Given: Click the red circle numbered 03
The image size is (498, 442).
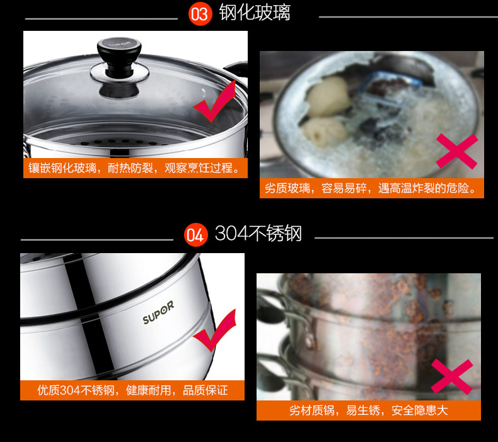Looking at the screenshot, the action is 200,14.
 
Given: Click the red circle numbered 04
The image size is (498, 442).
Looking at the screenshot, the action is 195,235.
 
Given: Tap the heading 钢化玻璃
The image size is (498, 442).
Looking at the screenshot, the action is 255,13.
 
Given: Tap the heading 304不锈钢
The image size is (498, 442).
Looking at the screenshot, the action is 258,233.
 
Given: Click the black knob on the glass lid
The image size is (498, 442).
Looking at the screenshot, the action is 119,57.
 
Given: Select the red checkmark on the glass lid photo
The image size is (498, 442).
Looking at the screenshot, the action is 215,102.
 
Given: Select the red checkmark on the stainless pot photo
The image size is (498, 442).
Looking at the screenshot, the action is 215,331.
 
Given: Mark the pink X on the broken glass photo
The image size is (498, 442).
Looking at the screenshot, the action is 457,151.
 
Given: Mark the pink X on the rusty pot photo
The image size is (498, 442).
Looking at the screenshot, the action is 451,377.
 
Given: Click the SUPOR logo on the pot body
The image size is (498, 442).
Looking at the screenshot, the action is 158,312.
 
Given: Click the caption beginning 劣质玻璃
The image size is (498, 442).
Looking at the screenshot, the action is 370,188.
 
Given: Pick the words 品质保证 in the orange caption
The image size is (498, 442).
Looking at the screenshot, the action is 205,390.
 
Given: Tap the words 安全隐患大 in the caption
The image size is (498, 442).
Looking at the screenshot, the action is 420,411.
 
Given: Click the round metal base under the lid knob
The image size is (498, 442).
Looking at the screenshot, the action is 120,73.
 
